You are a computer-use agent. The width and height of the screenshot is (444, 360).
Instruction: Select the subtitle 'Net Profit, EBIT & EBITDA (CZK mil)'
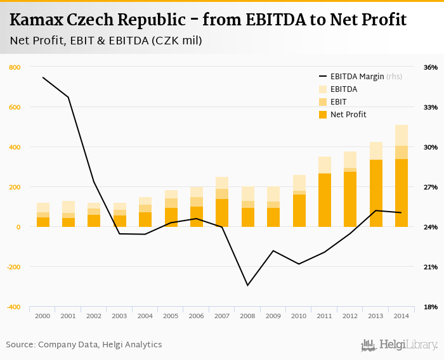pos(106,41)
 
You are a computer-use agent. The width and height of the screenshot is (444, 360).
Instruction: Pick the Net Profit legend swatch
pos(322,115)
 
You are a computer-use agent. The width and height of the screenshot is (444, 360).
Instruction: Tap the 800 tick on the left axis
pos(15,67)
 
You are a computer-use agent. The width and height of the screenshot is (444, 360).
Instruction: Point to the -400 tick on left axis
pos(13,307)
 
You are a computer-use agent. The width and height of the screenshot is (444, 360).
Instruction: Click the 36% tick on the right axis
pos(431,67)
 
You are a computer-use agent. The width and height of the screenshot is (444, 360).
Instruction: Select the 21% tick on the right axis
pos(431,267)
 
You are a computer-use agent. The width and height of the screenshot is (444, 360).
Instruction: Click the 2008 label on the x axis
pos(247,316)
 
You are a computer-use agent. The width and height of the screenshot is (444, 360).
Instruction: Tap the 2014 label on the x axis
pos(401,316)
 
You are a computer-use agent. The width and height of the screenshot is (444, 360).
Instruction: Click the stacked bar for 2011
pos(325,192)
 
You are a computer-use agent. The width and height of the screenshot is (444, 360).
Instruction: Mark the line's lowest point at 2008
pos(247,285)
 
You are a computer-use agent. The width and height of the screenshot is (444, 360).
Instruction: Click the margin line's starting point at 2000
pos(43,77)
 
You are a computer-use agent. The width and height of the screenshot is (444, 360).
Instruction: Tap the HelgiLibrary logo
pos(400,345)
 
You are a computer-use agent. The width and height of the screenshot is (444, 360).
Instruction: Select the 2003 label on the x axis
pos(119,316)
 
